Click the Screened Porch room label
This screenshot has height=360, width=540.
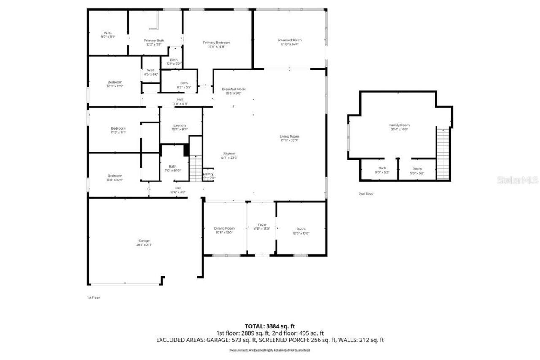[289, 40]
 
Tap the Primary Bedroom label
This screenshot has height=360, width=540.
[216, 43]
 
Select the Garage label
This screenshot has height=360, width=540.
[144, 241]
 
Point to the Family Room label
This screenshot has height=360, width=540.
[399, 125]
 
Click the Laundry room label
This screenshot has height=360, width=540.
[180, 125]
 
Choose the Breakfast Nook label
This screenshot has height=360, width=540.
[233, 89]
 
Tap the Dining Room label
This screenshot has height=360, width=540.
[224, 228]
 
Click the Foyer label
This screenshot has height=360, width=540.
[262, 225]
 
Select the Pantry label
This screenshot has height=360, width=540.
[208, 174]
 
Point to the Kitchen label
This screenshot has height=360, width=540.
[229, 154]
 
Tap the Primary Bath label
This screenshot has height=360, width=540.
[154, 41]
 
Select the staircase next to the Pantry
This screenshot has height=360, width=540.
[195, 168]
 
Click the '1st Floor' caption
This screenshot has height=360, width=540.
[93, 298]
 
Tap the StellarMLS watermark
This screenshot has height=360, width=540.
[517, 181]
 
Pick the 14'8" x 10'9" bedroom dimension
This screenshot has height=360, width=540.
[115, 180]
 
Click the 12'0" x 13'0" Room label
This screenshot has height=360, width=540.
[301, 233]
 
